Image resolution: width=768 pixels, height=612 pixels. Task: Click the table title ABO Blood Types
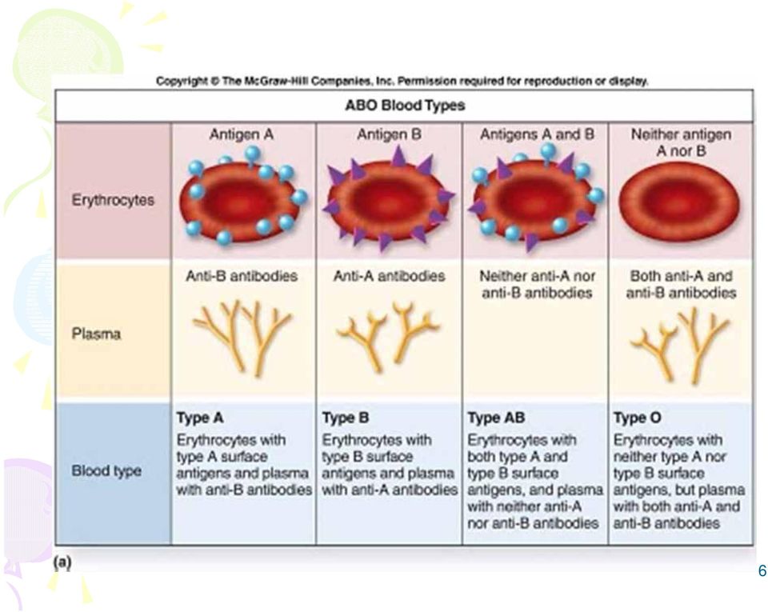point(405,106)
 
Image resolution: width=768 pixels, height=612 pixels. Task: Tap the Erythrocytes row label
point(113,200)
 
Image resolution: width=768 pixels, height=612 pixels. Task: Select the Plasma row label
point(96,334)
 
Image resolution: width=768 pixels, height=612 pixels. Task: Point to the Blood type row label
point(106,470)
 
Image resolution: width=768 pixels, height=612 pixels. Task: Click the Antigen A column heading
point(241,134)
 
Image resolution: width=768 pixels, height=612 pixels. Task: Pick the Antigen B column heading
point(389,134)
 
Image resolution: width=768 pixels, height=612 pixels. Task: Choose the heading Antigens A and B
point(537,134)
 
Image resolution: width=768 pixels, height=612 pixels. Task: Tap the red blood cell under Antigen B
point(388,200)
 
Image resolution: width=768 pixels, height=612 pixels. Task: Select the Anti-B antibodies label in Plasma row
point(242,276)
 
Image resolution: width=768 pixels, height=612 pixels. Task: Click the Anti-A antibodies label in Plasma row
point(389,276)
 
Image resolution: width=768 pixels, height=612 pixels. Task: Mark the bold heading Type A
point(200,418)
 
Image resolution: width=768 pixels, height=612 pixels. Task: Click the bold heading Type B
point(346,418)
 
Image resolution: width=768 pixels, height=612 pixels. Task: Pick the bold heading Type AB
point(496,418)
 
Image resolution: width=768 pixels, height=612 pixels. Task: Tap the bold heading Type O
point(637,418)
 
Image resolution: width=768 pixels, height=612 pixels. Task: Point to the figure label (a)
point(62,562)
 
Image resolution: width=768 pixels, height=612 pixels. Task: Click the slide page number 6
point(762,570)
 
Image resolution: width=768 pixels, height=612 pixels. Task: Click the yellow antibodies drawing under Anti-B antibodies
point(242,338)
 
